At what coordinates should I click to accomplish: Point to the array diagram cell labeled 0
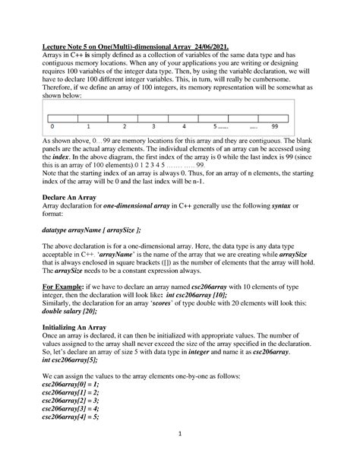tap(53, 125)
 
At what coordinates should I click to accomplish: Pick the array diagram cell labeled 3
tap(153, 125)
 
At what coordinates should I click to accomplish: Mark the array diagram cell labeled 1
tap(89, 125)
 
